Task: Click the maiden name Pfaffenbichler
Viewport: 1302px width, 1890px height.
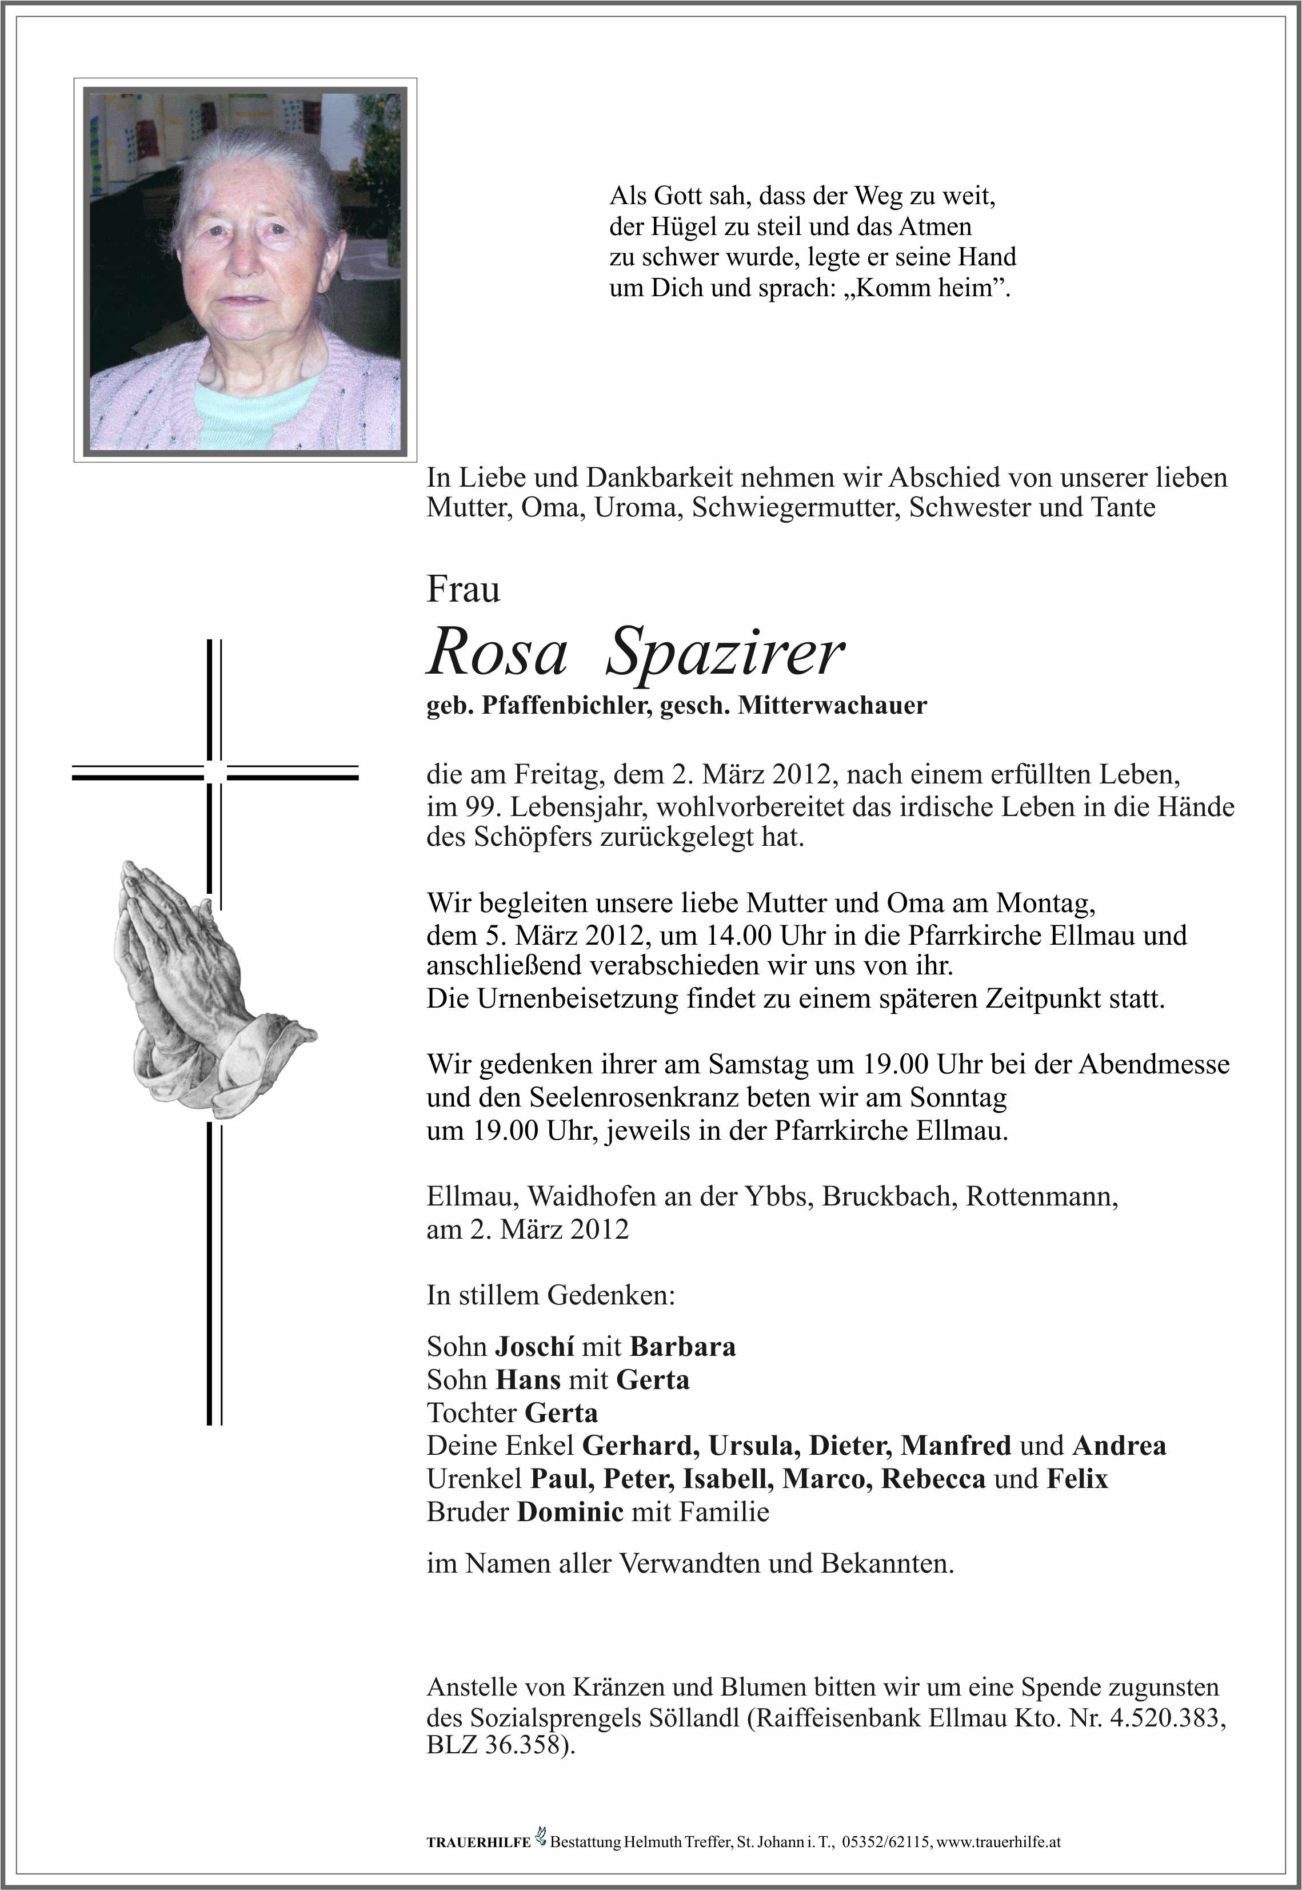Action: point(567,705)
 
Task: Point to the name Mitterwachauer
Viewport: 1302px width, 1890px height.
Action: point(832,705)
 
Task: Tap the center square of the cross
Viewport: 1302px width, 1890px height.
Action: point(214,772)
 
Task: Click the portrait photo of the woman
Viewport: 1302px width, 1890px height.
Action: point(245,269)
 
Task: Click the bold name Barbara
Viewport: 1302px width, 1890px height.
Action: point(683,1347)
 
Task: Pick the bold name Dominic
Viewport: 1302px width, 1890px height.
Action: point(570,1511)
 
